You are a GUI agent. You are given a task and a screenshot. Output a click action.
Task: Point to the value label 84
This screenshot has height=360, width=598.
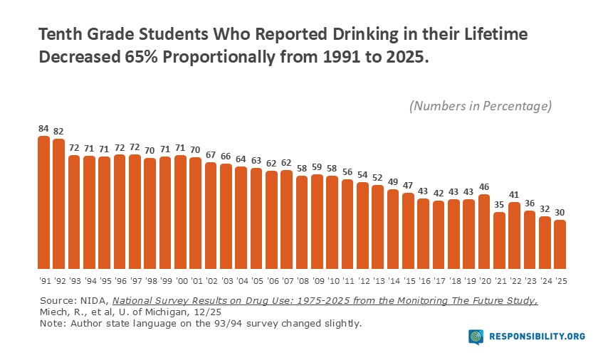43,129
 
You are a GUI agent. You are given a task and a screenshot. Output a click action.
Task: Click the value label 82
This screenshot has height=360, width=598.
58,132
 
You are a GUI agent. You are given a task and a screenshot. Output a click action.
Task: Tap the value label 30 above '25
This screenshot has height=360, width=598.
560,212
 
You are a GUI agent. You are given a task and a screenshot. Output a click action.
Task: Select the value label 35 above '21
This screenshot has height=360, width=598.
500,204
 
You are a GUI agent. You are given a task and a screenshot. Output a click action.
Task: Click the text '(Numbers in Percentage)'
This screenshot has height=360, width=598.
481,106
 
